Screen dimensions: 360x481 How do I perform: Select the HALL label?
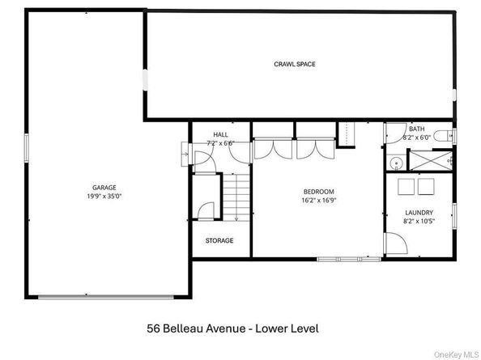click(x=221, y=134)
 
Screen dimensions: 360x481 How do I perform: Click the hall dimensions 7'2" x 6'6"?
click(x=221, y=143)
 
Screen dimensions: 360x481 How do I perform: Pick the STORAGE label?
click(x=219, y=240)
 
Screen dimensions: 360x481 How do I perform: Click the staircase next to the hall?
click(x=236, y=199)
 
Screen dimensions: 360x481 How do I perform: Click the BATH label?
click(x=416, y=129)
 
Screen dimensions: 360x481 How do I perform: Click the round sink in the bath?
click(x=395, y=163)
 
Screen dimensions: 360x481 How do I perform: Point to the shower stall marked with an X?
click(x=429, y=159)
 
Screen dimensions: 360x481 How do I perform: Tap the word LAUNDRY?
click(x=419, y=213)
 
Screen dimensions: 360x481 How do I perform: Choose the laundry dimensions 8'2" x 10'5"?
click(x=419, y=222)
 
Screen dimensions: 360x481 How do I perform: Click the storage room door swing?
click(x=206, y=210)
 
